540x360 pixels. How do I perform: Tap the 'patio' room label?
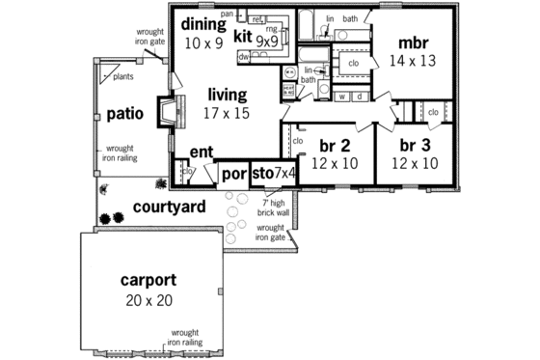click(x=125, y=113)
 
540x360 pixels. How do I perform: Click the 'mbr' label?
click(x=413, y=43)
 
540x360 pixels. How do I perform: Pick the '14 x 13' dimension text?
click(x=413, y=61)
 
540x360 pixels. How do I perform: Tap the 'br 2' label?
click(x=334, y=146)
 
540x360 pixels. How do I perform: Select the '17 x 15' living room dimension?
click(x=227, y=113)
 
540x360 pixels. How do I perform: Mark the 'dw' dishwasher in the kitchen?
click(x=244, y=58)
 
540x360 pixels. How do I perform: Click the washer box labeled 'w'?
click(x=342, y=97)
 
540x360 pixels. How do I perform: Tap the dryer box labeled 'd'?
click(x=359, y=97)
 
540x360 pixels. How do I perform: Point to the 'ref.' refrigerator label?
click(x=257, y=18)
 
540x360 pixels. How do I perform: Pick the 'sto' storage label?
click(x=261, y=174)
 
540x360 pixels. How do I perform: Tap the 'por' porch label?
click(x=232, y=176)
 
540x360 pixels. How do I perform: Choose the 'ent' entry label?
click(x=202, y=152)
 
